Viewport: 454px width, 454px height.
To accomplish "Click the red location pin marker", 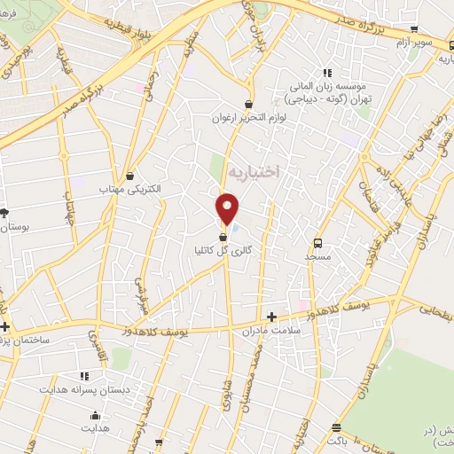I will pyautogui.click(x=228, y=208).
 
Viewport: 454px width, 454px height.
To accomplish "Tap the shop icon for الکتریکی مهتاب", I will pyautogui.click(x=131, y=176).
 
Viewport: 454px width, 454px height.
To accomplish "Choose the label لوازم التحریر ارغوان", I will pyautogui.click(x=248, y=117).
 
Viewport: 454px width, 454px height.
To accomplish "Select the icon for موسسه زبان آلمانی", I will pyautogui.click(x=327, y=73).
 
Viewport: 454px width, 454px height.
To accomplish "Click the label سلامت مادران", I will pyautogui.click(x=271, y=330).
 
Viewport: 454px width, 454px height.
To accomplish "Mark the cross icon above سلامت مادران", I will pyautogui.click(x=271, y=316).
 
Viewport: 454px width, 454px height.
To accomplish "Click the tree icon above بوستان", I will pyautogui.click(x=4, y=214).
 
